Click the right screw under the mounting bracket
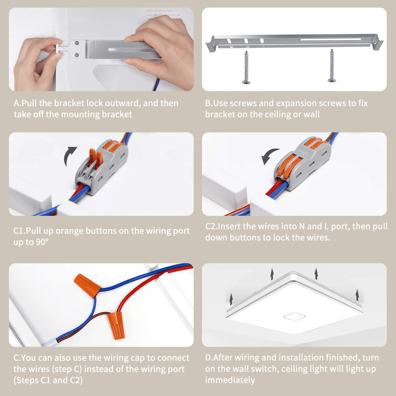(x=332, y=66)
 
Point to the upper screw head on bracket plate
(x=77, y=43)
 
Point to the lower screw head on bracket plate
(x=77, y=55)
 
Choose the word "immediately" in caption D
(x=230, y=380)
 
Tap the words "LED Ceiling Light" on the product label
(x=159, y=11)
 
